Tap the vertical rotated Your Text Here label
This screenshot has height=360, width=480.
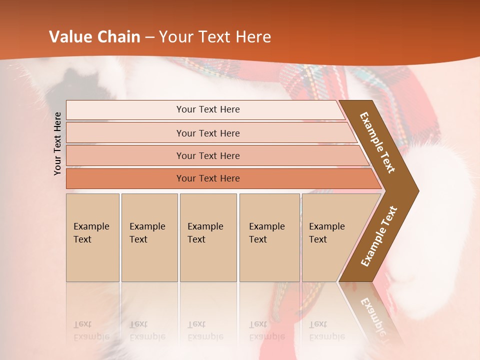[57, 143]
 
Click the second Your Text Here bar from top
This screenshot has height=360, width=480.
[208, 133]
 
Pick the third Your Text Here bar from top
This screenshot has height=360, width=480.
[208, 155]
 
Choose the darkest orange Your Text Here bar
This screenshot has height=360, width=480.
[208, 178]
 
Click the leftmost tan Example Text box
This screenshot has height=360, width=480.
[92, 237]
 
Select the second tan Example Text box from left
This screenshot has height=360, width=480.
[149, 237]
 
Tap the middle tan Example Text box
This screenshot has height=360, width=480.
[208, 237]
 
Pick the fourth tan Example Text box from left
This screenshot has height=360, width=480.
[269, 237]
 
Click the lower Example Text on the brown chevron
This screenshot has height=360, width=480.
[379, 236]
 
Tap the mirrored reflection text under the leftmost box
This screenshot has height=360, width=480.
[91, 330]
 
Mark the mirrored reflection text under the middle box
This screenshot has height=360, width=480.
[205, 330]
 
